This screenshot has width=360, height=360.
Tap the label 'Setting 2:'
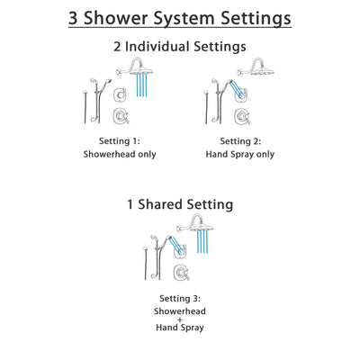pyautogui.click(x=238, y=141)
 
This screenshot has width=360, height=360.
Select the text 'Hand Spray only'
pyautogui.click(x=238, y=154)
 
